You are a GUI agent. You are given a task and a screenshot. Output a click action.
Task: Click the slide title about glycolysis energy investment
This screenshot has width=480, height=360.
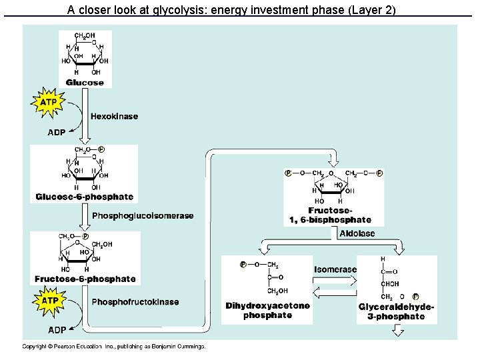(232, 10)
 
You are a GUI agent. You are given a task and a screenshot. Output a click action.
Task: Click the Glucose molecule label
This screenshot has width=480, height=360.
(85, 83)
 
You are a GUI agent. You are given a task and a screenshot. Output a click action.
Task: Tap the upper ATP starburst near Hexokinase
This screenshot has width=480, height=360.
(48, 103)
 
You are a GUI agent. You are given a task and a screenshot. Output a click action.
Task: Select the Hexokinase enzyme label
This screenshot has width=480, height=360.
(114, 116)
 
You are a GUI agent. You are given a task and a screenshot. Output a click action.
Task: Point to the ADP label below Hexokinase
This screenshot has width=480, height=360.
(57, 133)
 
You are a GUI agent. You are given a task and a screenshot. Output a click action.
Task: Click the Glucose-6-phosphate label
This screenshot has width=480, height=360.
(85, 197)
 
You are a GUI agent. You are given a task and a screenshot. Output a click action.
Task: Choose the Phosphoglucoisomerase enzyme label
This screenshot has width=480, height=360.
(143, 215)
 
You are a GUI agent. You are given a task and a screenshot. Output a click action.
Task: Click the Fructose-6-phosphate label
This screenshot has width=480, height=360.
(85, 279)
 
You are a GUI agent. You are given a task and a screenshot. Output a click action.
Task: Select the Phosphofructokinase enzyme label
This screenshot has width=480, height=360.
(135, 302)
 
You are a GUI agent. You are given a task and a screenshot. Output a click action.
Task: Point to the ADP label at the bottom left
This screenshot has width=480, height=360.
(57, 330)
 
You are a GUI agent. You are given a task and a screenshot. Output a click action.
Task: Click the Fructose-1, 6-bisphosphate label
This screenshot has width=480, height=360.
(331, 215)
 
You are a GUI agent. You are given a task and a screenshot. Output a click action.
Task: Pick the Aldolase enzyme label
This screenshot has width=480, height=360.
(357, 233)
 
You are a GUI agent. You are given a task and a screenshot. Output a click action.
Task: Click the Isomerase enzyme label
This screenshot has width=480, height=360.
(335, 269)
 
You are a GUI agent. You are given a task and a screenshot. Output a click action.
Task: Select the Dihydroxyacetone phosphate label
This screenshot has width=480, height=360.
(267, 311)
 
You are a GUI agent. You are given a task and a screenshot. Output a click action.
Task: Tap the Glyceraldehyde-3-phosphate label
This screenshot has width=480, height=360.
(396, 311)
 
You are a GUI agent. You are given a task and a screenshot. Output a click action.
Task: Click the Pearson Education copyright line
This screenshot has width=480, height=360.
(114, 347)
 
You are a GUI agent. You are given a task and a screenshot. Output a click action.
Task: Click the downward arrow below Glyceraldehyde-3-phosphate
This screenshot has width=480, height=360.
(398, 331)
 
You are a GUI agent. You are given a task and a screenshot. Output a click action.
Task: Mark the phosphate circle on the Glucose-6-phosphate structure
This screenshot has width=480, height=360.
(101, 149)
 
